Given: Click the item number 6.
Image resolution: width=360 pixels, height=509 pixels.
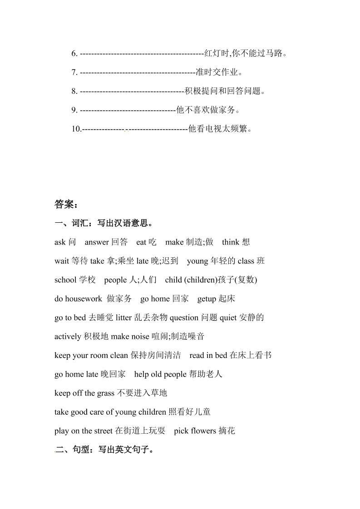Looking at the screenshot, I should pos(74,54).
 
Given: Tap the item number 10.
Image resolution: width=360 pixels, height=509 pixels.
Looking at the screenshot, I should pos(76,129).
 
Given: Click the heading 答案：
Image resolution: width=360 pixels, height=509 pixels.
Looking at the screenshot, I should pos(66,205).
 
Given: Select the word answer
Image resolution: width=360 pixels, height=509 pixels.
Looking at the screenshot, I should pos(97,242).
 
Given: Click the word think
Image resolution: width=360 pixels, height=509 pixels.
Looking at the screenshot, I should pos(231,242).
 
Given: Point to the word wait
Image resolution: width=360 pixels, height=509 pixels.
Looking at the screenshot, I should pos(61,261).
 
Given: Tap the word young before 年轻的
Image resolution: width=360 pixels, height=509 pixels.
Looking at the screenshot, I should pos(197,261).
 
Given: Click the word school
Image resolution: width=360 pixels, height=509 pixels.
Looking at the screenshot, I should pos(65,280).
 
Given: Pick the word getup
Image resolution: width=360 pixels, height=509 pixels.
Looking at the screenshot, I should pos(207,299).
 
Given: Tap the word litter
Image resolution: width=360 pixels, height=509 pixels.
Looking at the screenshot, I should pos(124,318).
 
